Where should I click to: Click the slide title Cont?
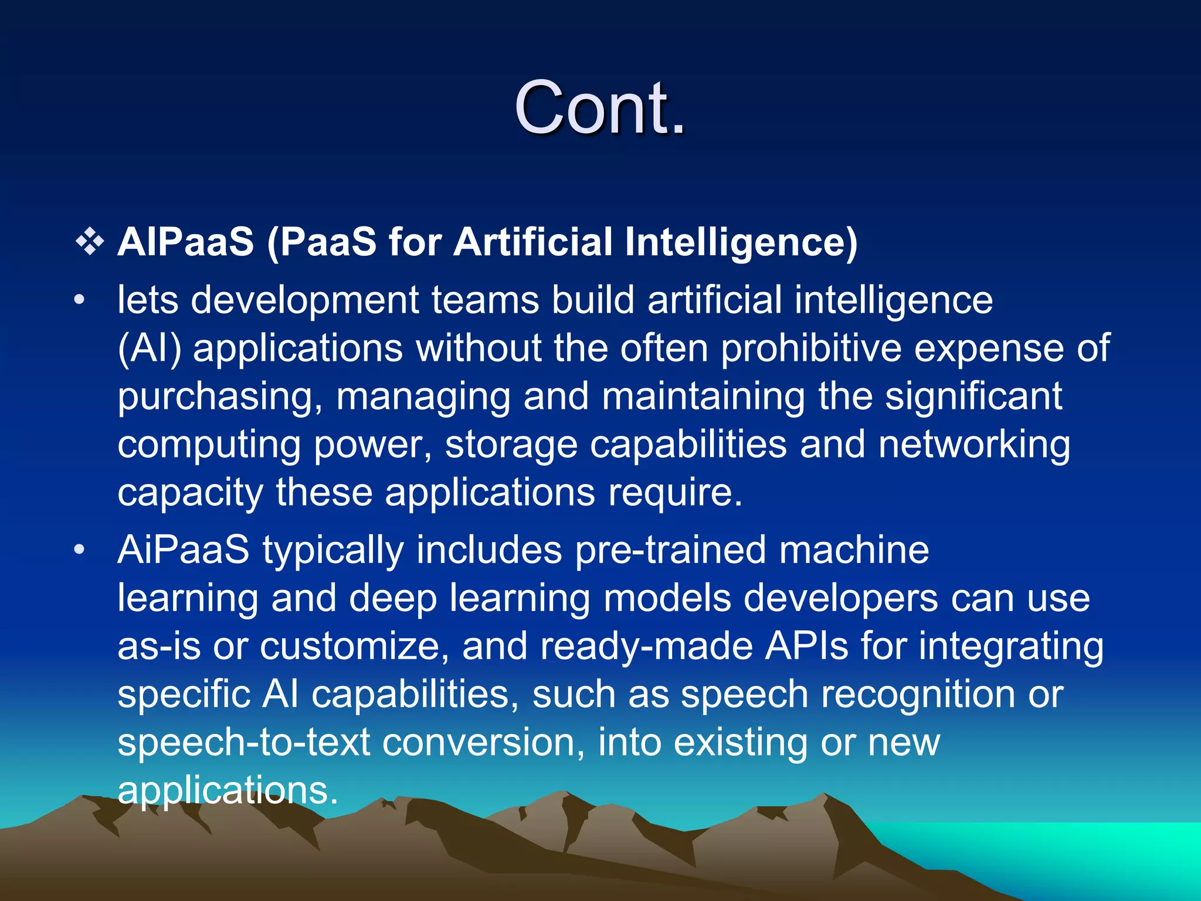point(599,108)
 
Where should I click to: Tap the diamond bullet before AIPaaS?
point(90,242)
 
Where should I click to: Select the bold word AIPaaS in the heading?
point(185,242)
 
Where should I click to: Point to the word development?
point(305,301)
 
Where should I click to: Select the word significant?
point(973,397)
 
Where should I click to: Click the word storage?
point(511,445)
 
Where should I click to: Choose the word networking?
point(974,445)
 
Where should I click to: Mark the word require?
point(675,493)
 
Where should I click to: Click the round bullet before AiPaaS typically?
point(80,550)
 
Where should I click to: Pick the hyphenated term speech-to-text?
point(243,743)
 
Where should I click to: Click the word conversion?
point(484,743)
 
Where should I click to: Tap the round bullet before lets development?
point(80,301)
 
